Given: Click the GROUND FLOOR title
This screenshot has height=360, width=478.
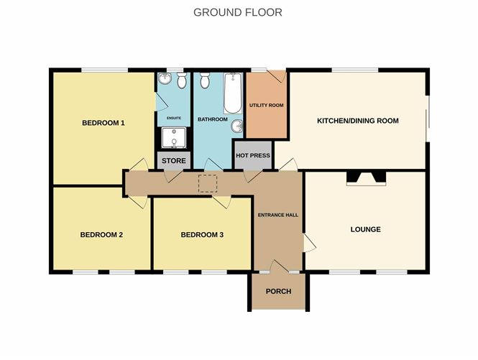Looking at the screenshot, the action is pyautogui.click(x=238, y=12).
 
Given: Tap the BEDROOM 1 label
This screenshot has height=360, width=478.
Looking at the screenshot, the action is pyautogui.click(x=104, y=123).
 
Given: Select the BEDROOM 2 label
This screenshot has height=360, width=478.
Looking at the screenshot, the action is pyautogui.click(x=101, y=235).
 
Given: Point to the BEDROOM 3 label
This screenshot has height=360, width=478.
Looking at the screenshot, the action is pyautogui.click(x=202, y=235).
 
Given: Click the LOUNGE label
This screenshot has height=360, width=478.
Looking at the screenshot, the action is pyautogui.click(x=366, y=229).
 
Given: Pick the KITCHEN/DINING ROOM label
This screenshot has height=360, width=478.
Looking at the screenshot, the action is pyautogui.click(x=358, y=121).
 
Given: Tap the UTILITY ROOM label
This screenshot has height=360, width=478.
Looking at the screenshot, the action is pyautogui.click(x=267, y=105).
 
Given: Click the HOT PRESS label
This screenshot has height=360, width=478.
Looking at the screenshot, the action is pyautogui.click(x=253, y=155).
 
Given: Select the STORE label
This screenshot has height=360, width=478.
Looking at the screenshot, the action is pyautogui.click(x=174, y=161).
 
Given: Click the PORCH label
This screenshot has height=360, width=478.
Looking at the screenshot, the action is pyautogui.click(x=279, y=292).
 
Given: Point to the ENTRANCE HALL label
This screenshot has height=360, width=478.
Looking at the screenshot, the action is pyautogui.click(x=278, y=215).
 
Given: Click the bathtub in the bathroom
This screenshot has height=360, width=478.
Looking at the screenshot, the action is pyautogui.click(x=233, y=93).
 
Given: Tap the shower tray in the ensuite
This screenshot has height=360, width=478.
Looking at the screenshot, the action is pyautogui.click(x=174, y=138).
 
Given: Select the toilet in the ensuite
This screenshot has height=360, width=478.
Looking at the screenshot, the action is pyautogui.click(x=182, y=80).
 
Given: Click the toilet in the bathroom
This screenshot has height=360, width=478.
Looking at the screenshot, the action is pyautogui.click(x=205, y=80).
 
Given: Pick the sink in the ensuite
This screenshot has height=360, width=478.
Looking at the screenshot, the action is pyautogui.click(x=165, y=78).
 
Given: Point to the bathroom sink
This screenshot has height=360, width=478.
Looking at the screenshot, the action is pyautogui.click(x=237, y=126).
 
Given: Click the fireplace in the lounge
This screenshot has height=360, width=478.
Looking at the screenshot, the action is pyautogui.click(x=366, y=179).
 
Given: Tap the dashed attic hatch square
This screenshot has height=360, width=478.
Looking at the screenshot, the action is pyautogui.click(x=208, y=183).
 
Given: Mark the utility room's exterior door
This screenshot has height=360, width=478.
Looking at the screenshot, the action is pyautogui.click(x=276, y=76).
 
